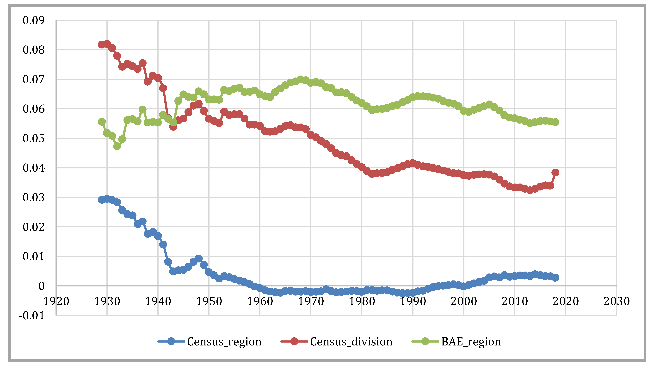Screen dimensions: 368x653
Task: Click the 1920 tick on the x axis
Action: tap(56, 301)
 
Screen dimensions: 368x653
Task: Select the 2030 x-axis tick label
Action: tap(616, 301)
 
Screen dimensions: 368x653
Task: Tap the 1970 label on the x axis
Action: tap(311, 301)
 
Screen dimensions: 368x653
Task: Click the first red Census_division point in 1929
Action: tap(102, 45)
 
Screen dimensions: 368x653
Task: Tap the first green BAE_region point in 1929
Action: tap(102, 122)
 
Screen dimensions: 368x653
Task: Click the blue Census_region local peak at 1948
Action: tap(199, 259)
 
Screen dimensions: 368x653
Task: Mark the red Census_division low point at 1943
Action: tap(173, 126)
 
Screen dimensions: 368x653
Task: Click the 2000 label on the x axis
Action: tap(464, 301)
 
